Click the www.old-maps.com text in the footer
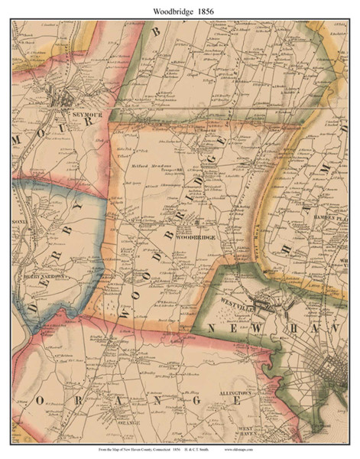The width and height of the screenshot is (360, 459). pyautogui.click(x=297, y=451)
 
